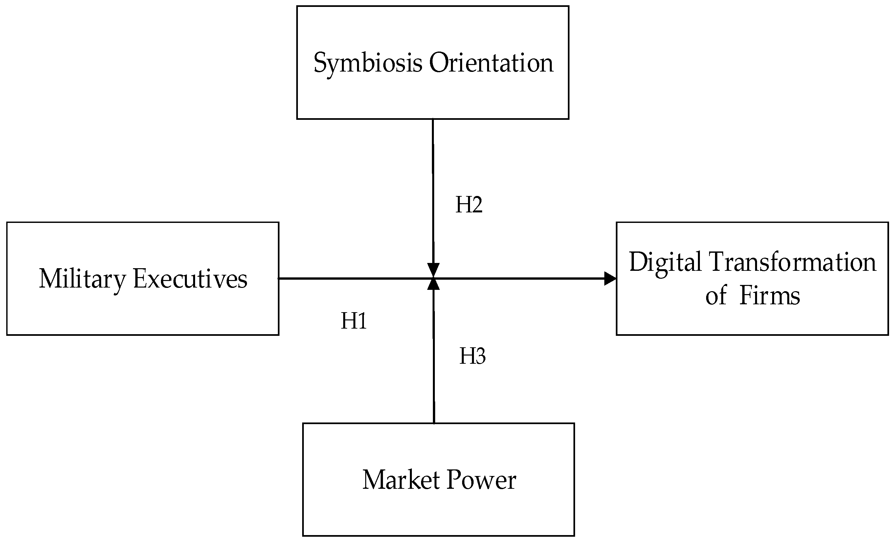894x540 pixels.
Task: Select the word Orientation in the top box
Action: pos(491,63)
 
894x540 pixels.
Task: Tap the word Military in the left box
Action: pos(82,279)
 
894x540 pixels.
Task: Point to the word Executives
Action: pos(190,279)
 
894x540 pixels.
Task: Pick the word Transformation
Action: pos(793,262)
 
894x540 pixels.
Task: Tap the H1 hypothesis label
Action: pos(354,321)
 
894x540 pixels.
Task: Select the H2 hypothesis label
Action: pos(469,205)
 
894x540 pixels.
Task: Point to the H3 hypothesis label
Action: pos(472,356)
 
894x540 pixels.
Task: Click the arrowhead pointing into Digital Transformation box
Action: pos(610,278)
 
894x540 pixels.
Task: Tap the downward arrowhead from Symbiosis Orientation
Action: pos(433,270)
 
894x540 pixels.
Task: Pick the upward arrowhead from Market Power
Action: pos(433,284)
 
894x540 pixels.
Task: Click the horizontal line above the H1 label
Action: pos(354,278)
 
